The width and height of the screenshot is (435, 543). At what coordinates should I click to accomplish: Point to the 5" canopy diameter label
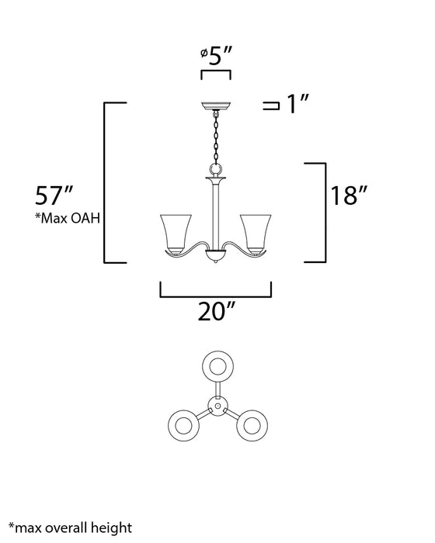215,57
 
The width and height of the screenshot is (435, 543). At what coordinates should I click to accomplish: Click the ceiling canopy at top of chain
215,106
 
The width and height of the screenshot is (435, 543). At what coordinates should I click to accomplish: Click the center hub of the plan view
217,405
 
